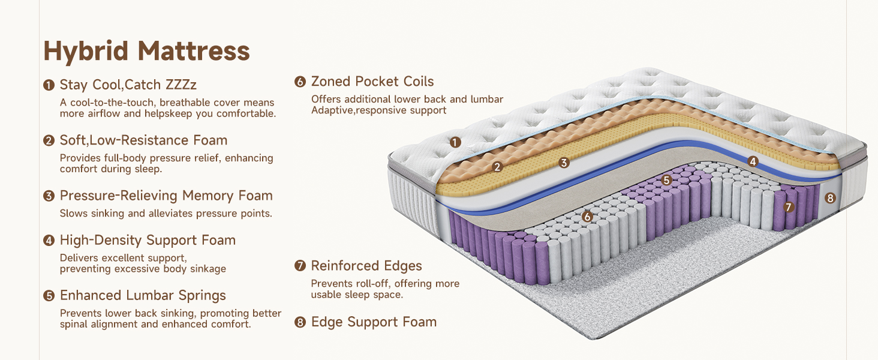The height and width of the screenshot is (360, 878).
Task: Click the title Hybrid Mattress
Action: pos(146,51)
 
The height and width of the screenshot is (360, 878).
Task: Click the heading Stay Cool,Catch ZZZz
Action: pos(128,85)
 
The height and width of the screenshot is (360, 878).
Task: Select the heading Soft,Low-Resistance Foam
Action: pos(143,140)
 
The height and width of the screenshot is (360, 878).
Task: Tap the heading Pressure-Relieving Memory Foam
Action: pos(166,196)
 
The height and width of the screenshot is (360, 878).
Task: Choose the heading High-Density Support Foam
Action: pos(148,240)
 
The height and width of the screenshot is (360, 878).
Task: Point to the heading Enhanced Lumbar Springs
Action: pos(143,295)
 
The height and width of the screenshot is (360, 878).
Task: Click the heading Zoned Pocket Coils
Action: pos(372,82)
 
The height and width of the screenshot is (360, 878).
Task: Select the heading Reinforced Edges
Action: pos(366,266)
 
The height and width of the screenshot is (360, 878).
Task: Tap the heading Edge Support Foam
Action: pos(374,322)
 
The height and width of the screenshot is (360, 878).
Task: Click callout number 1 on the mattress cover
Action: pos(455,142)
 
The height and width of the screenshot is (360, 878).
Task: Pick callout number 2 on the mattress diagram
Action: pos(497,167)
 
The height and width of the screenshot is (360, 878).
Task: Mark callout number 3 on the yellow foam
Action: pos(564,163)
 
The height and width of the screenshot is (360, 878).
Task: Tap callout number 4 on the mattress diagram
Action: pos(753,161)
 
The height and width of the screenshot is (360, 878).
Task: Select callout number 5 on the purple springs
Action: pos(666,179)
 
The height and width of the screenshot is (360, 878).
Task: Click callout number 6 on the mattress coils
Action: pos(587,217)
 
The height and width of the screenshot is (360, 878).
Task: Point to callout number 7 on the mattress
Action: pos(789,207)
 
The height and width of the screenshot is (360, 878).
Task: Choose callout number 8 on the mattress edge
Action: pos(830,197)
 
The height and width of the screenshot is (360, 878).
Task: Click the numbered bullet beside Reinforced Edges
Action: pos(300,266)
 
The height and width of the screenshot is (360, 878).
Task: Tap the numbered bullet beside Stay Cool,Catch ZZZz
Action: pos(49,85)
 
